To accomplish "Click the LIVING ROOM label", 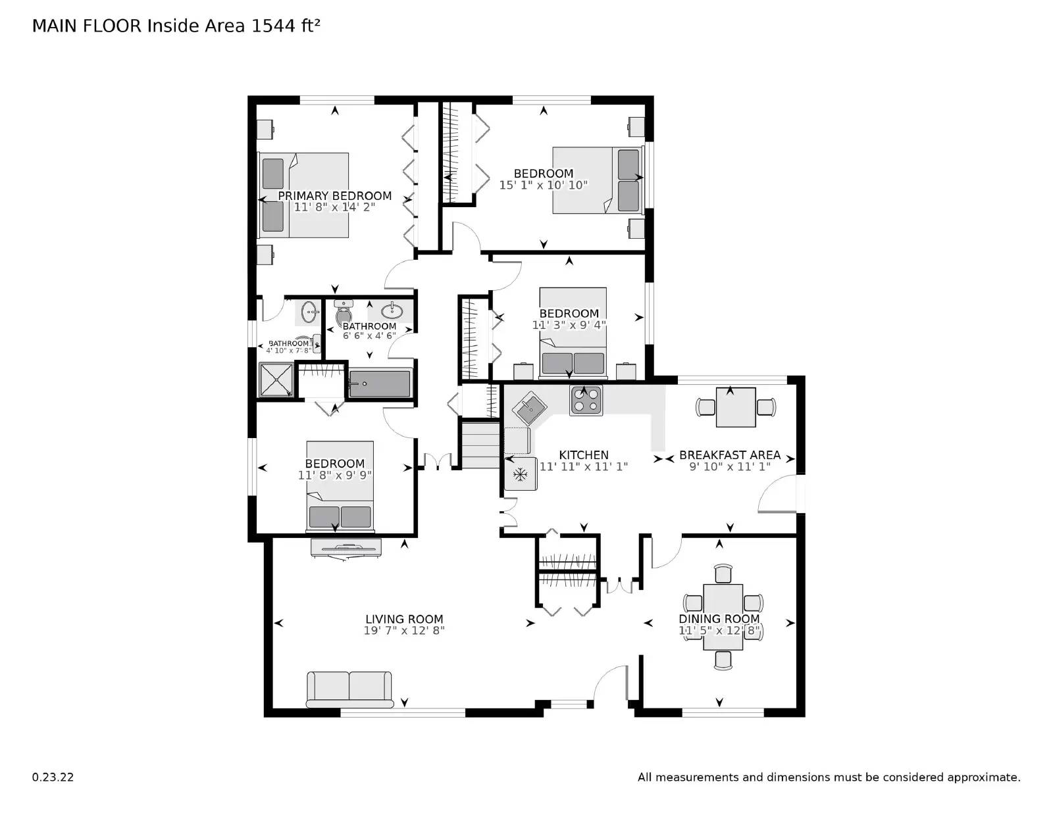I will (x=404, y=619).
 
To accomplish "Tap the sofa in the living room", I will (x=349, y=688).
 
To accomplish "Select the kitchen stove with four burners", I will (x=585, y=400).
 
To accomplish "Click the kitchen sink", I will (x=530, y=409).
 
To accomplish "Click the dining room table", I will (x=723, y=616).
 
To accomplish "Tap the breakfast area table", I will (x=736, y=407).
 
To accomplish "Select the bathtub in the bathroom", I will (x=380, y=383).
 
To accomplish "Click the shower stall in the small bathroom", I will (x=276, y=380).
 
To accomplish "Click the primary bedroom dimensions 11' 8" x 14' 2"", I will (x=334, y=207).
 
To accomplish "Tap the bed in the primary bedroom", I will (x=305, y=195).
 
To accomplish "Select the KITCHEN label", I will (x=584, y=455).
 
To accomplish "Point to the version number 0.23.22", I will (x=53, y=777).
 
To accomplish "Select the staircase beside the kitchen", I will (x=480, y=445).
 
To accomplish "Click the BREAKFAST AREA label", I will (x=729, y=455).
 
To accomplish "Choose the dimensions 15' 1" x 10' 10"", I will (x=543, y=185).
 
